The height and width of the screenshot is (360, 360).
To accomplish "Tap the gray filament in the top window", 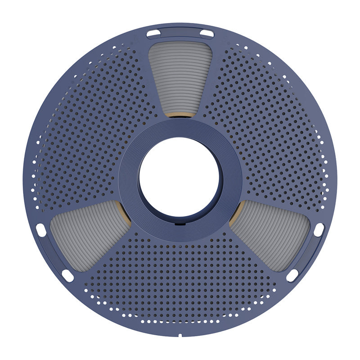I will tap(180, 76).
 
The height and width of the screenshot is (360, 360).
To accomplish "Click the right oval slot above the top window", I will tap(207, 33).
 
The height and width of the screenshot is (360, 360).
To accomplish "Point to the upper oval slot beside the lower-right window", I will tap(319, 230).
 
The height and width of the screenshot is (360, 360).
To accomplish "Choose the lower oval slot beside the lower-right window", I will tap(292, 275).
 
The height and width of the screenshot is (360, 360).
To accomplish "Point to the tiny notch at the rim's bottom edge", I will tap(180, 335).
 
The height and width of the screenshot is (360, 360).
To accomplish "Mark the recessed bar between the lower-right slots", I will tap(307, 254).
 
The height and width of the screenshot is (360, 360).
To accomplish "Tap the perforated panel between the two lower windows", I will tap(180, 279).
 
